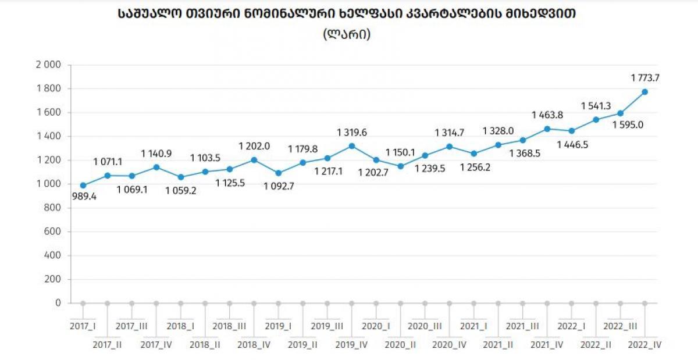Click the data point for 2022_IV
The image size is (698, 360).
coord(644,92)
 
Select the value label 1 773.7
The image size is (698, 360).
coord(645,77)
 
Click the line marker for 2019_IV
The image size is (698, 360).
coord(352,146)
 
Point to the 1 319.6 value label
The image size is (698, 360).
coord(352,133)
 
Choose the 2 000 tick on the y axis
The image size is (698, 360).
coord(48,65)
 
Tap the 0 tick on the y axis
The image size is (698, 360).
coord(58,303)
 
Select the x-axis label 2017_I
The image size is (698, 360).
coord(83,326)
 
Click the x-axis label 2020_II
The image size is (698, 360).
coord(400,344)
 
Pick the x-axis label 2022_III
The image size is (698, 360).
coord(620,326)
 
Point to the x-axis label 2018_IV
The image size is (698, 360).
coord(254,344)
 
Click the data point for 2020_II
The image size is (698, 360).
coord(401,166)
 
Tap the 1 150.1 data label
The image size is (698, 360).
coord(401,153)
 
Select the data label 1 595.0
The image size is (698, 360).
coord(628,124)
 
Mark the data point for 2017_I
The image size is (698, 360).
coord(83,186)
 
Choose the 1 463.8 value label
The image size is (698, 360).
coord(548,115)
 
